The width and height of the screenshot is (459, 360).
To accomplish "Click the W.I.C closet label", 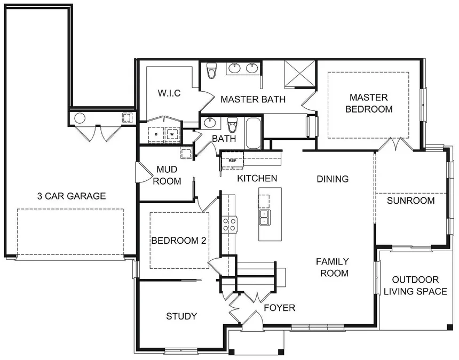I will point(169,93).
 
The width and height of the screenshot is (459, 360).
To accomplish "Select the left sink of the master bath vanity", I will point(234,68).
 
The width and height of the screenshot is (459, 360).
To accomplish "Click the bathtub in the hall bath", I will point(253,133).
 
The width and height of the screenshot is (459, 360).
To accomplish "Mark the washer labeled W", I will point(172,135).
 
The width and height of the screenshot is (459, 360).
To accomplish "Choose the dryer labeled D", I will point(156,135).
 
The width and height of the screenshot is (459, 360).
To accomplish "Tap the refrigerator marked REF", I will point(232,159).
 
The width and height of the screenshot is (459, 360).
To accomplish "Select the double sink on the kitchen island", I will point(264,217).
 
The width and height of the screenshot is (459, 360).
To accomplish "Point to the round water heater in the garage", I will point(80,118).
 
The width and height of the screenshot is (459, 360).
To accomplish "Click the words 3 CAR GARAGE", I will point(72,196).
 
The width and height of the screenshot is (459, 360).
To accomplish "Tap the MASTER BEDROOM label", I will point(369,103).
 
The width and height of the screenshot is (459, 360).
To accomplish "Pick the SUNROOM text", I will point(410,201).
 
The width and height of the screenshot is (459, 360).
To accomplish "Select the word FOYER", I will point(279,308).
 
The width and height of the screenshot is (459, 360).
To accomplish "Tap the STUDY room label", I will point(181,316).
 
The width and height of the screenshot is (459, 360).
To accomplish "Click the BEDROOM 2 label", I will point(179,241).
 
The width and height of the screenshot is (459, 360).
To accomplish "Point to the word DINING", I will point(333,179).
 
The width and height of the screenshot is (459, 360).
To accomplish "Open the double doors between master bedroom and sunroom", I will point(395,144).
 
